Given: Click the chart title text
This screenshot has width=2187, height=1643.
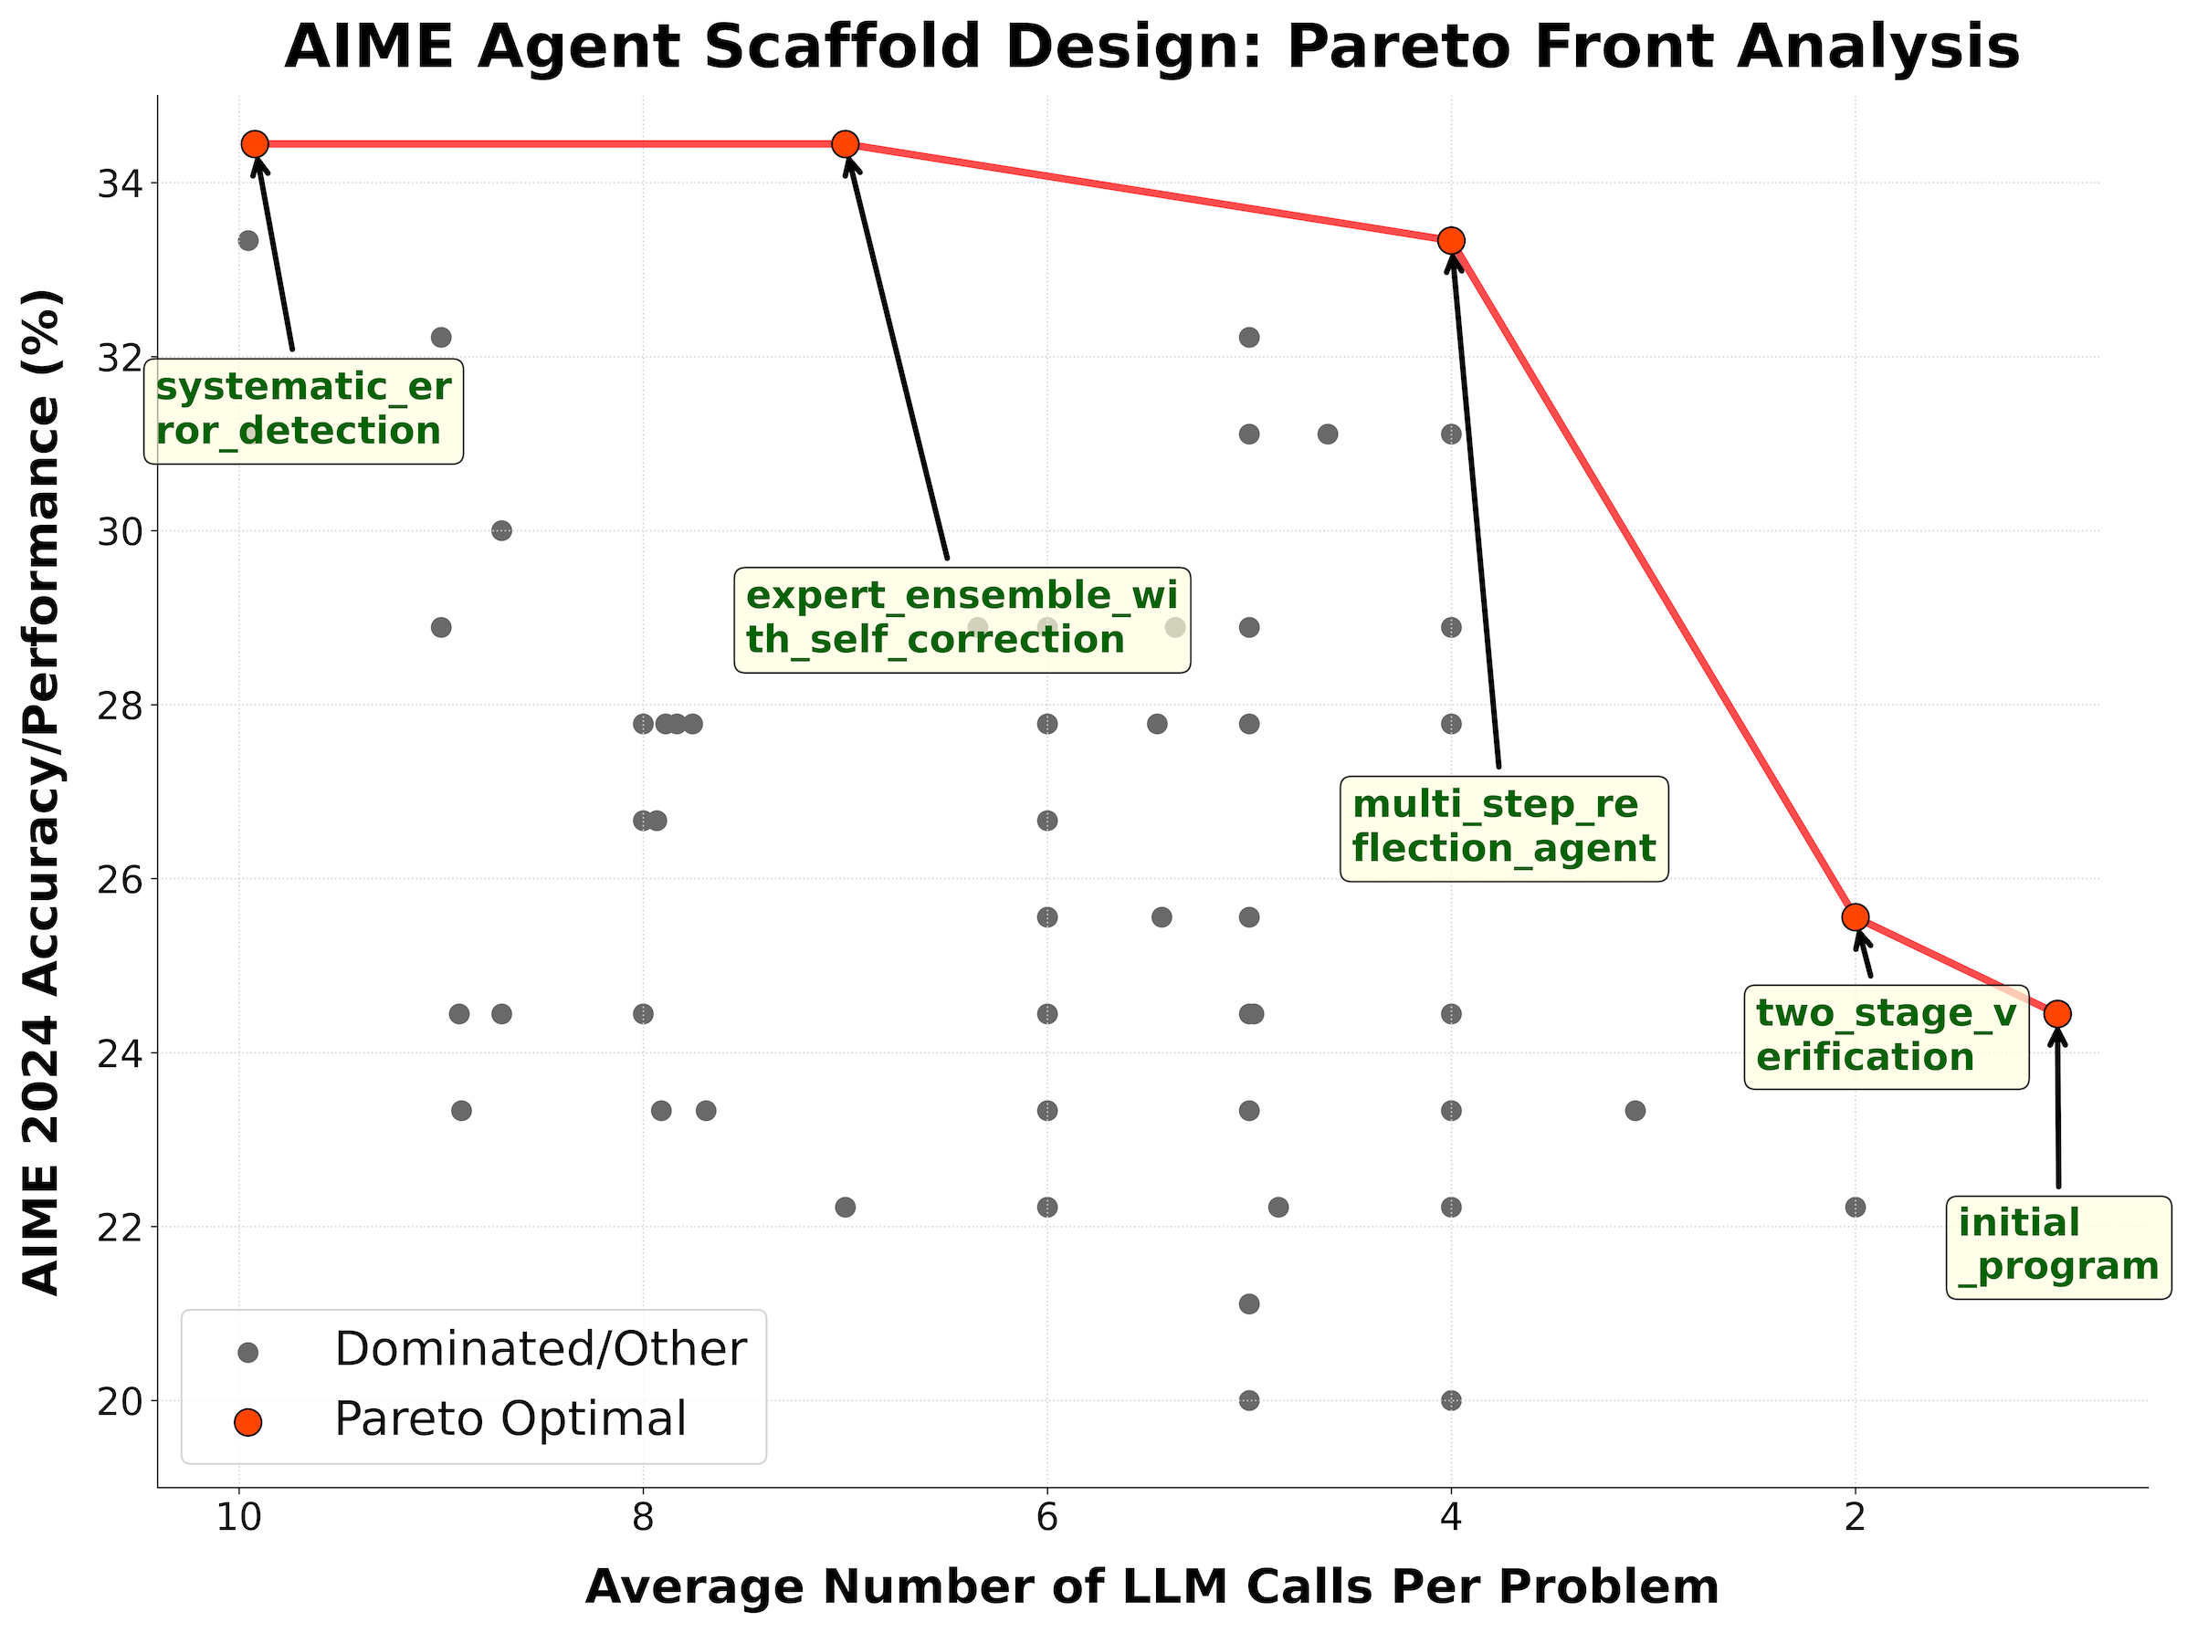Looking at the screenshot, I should (x=1151, y=47).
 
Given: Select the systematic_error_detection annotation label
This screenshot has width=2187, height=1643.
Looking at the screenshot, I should (x=303, y=410).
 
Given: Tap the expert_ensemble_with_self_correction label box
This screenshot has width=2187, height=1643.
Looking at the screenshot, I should (x=962, y=619).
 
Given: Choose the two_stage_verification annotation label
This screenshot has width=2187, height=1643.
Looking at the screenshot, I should (x=1886, y=1036).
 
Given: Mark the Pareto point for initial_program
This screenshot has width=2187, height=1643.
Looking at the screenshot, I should (x=2057, y=1013).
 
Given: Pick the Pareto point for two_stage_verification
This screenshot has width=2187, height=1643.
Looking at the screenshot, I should (x=1856, y=916).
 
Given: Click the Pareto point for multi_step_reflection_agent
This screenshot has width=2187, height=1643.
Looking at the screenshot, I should (x=1451, y=240).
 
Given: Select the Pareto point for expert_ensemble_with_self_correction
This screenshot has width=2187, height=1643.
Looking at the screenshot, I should (x=846, y=144).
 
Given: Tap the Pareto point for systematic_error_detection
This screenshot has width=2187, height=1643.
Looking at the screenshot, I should (x=255, y=144).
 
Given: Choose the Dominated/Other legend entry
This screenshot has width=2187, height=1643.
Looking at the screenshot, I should (x=540, y=1349).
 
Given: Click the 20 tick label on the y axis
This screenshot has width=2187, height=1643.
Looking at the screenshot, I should (x=117, y=1401).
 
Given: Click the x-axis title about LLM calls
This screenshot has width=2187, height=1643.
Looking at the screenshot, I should (x=1151, y=1587).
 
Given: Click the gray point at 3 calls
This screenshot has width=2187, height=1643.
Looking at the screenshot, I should (x=1635, y=1110).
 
